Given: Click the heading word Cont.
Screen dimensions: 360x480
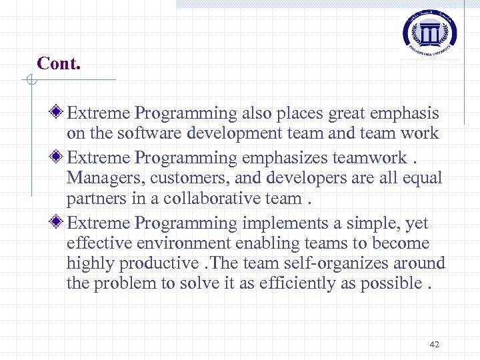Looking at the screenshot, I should pyautogui.click(x=59, y=63).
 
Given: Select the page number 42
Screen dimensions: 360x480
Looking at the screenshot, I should pyautogui.click(x=435, y=344).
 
